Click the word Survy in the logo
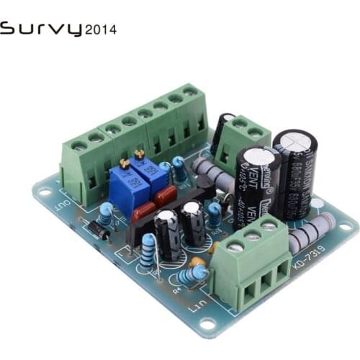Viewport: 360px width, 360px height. click(x=41, y=30)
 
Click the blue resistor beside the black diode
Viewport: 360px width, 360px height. click(x=107, y=213)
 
